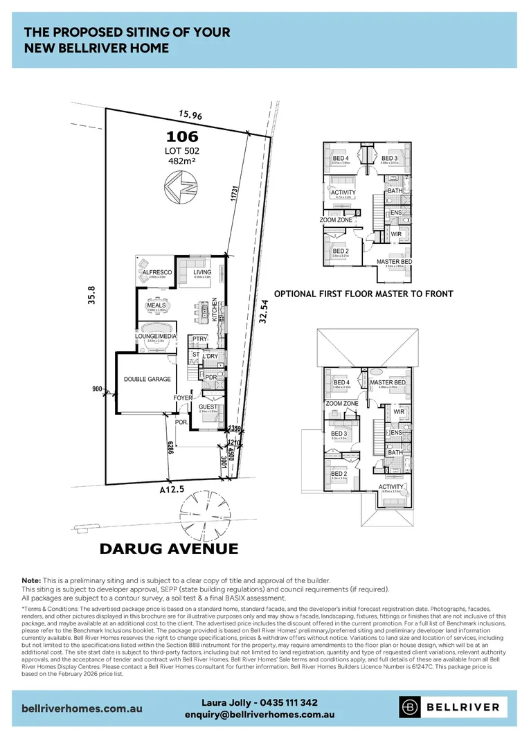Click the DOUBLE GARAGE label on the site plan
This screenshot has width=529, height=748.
[147, 380]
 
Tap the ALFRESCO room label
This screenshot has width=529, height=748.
[156, 273]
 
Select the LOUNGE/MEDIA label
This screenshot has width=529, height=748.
[156, 337]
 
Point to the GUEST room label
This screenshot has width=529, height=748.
[208, 407]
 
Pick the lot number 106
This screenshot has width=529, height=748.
[182, 136]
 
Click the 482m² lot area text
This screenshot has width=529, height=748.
[182, 161]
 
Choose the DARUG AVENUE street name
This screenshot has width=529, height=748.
[169, 549]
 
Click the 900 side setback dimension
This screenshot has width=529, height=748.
[96, 390]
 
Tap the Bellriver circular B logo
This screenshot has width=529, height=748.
[411, 706]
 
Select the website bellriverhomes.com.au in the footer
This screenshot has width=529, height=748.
[84, 709]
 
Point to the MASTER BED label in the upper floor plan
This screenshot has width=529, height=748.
[394, 262]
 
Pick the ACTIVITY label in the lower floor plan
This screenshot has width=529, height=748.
[391, 487]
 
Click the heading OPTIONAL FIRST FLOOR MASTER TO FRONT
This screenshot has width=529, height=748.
[364, 294]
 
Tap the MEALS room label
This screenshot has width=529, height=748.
[156, 305]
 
